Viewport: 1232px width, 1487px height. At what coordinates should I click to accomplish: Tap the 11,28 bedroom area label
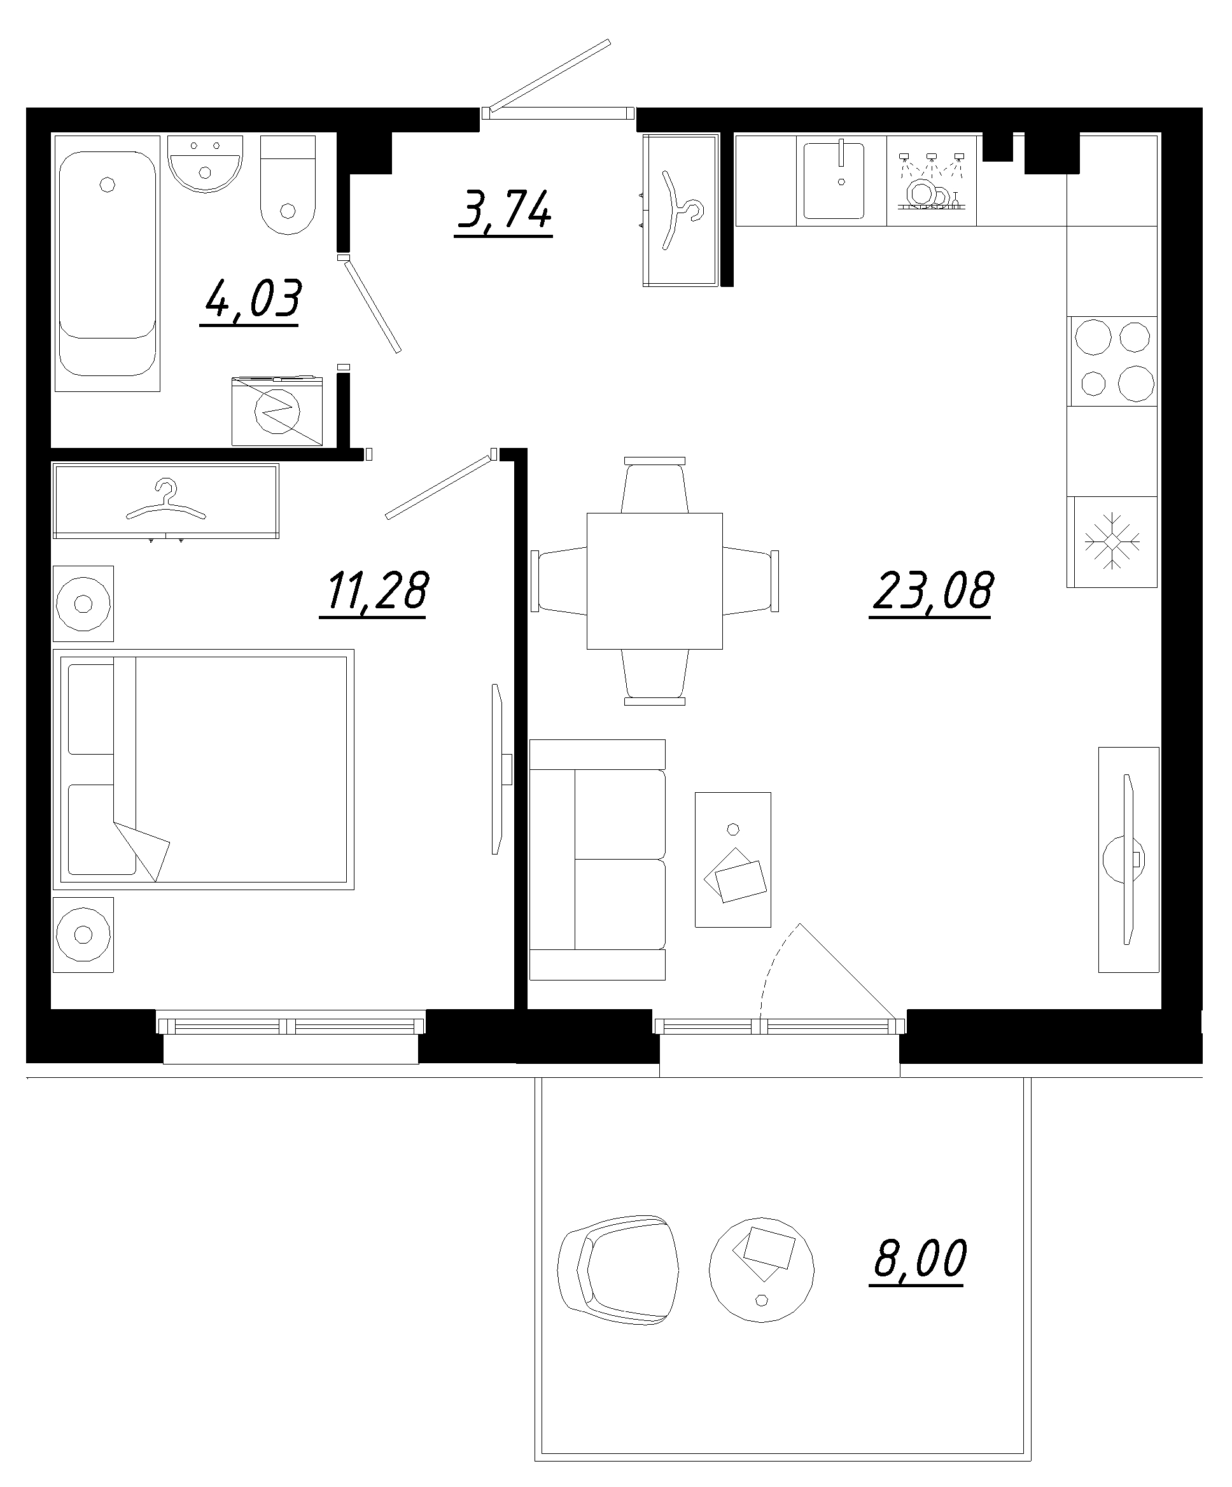[x=377, y=591]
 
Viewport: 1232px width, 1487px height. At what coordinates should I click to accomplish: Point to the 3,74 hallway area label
[x=505, y=209]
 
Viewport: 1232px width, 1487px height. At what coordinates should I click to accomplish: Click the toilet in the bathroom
[x=288, y=186]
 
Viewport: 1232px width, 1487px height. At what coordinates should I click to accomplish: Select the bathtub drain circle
[x=108, y=185]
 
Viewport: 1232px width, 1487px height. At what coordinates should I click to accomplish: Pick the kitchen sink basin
[x=834, y=181]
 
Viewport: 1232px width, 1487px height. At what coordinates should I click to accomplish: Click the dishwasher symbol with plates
[x=931, y=181]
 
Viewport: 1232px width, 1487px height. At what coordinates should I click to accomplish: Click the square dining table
[x=654, y=581]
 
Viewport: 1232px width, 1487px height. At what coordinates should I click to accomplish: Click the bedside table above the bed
[x=83, y=603]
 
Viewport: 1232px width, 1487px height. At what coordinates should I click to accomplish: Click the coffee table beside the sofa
[x=733, y=860]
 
